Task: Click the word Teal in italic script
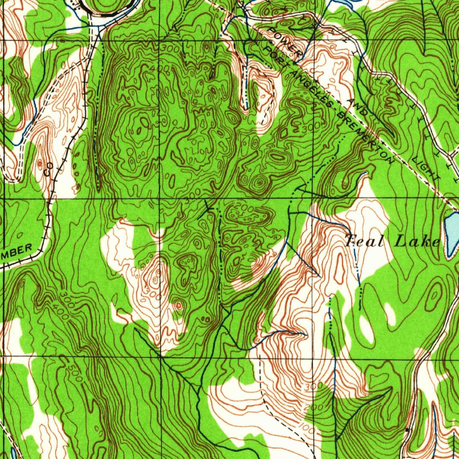point(364,242)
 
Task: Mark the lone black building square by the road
point(407,430)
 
